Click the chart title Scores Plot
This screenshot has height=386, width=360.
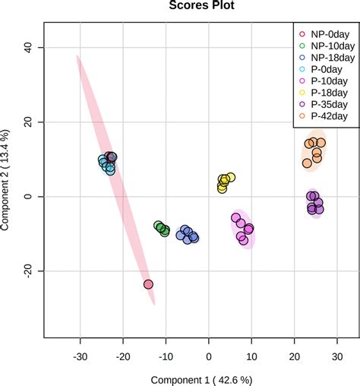coord(201,6)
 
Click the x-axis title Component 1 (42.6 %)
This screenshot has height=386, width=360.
coord(201,378)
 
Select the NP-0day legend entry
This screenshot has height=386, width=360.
coord(325,33)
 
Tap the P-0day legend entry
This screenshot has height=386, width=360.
coord(325,69)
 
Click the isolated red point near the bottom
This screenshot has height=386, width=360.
coord(148,284)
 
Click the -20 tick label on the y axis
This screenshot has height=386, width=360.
coord(28,271)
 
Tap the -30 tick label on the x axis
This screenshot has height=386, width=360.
coord(80,353)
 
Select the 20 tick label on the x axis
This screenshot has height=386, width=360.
coord(294,353)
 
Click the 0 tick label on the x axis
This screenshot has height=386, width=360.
coord(208,353)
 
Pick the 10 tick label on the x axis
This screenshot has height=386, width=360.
coord(251,353)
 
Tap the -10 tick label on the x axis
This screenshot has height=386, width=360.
coord(165,353)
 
